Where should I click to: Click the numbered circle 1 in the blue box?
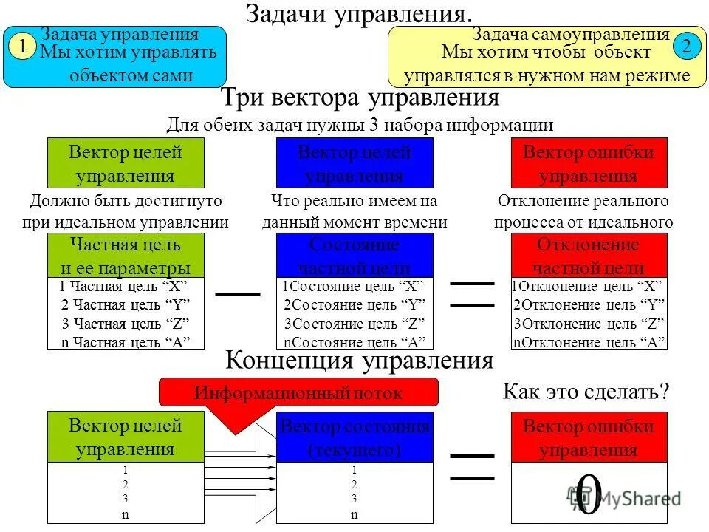coord(23,47)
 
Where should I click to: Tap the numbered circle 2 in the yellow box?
coord(686,47)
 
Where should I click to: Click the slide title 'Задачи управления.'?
coord(359,13)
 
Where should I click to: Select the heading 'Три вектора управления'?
coord(360,98)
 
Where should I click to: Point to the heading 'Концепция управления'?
coord(359,361)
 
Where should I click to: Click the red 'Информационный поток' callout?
coord(299,393)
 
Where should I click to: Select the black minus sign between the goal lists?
coord(238,294)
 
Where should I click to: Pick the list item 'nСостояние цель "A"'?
coord(354,342)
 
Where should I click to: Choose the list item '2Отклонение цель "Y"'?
coord(589,305)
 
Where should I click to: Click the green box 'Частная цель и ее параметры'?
coord(125,256)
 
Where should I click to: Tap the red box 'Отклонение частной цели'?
coord(589,256)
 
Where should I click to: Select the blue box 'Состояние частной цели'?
coord(354,256)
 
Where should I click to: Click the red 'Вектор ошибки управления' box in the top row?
coord(589,163)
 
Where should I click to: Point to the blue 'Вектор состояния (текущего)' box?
coord(354,437)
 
